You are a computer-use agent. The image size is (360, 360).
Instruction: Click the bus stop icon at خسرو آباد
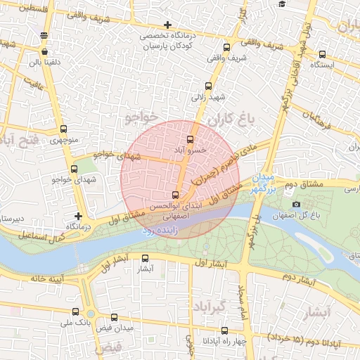click(190, 139)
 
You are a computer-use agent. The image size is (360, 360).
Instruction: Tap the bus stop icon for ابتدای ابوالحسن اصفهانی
click(175, 195)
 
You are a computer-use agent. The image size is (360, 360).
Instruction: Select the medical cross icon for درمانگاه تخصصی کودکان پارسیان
click(167, 25)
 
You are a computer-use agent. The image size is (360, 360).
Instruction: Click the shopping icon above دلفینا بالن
click(45, 51)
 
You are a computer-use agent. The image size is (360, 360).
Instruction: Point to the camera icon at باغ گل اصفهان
click(296, 205)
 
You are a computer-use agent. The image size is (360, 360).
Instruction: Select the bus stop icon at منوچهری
click(64, 129)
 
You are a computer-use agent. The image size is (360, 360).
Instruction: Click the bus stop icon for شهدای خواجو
click(75, 169)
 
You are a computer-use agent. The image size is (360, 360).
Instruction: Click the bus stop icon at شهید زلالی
click(207, 86)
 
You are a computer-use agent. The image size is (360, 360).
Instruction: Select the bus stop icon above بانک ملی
click(75, 311)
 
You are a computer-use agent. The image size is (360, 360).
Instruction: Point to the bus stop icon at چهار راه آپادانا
click(224, 330)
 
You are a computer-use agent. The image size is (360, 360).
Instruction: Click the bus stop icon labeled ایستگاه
click(322, 54)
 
